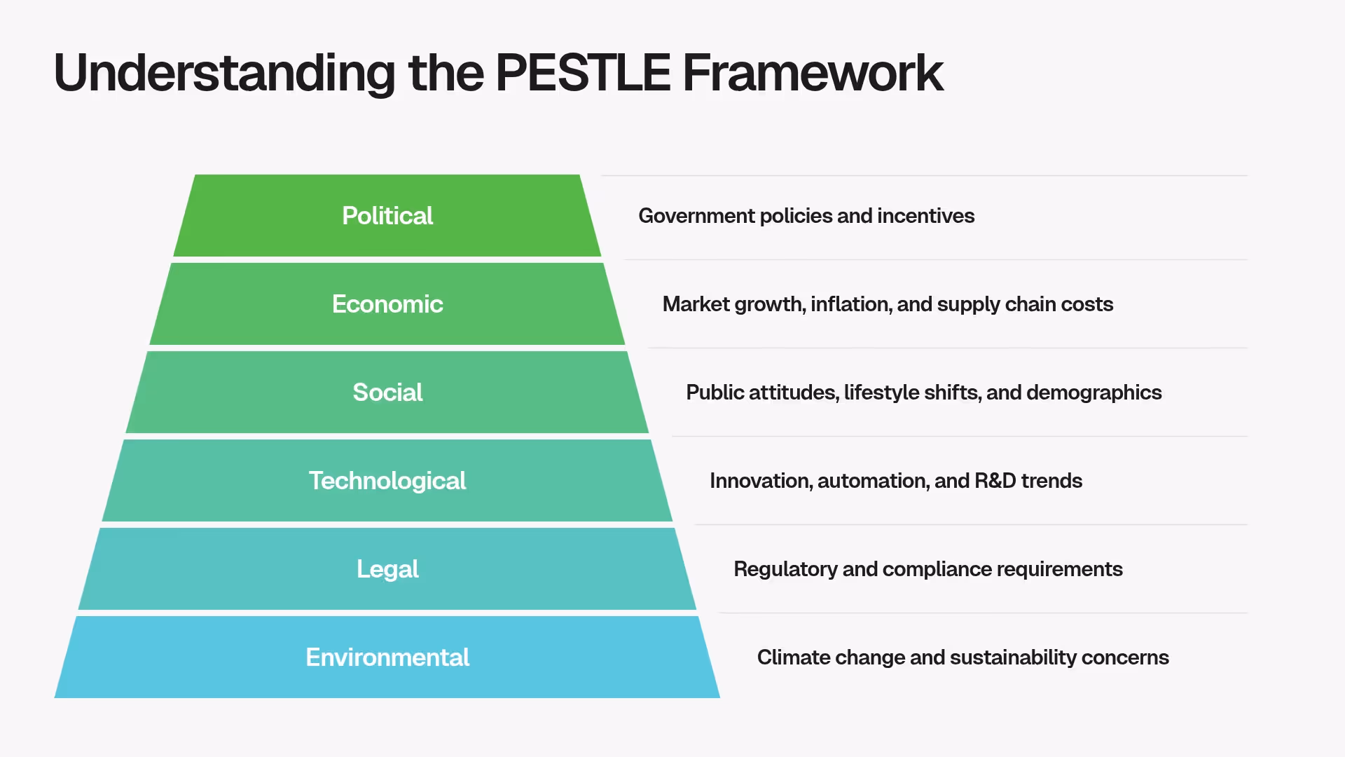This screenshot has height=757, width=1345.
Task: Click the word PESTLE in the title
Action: coord(583,73)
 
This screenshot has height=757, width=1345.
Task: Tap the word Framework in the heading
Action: coord(813,73)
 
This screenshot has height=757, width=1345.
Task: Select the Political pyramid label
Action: coord(387,216)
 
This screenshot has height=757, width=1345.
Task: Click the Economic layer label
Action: coord(387,304)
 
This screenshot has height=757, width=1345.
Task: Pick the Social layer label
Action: coord(387,393)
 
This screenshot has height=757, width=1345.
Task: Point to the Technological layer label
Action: coord(387,481)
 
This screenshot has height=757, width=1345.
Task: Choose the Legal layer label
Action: coord(387,569)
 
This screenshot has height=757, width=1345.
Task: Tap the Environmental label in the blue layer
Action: coord(387,657)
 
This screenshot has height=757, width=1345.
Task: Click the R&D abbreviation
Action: coord(995,481)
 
